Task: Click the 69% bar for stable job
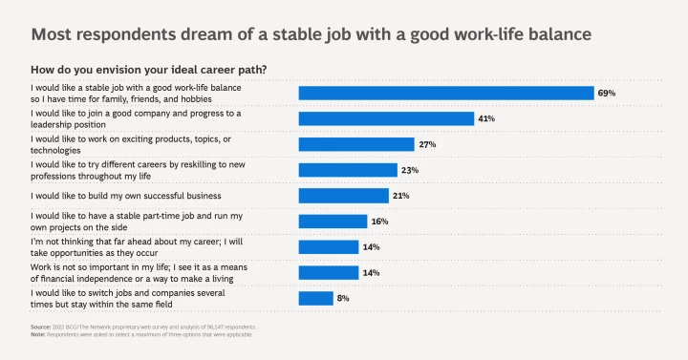(x=446, y=93)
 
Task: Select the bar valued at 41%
(x=386, y=118)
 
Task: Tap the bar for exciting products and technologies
(x=355, y=144)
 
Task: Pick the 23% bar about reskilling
(x=348, y=170)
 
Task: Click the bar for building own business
(x=343, y=196)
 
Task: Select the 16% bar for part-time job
(x=333, y=222)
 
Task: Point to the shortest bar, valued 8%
(x=315, y=298)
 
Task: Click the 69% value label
(x=607, y=93)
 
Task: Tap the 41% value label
(x=486, y=118)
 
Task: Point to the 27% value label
(x=425, y=144)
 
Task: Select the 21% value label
(x=400, y=196)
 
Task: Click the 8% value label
(x=342, y=298)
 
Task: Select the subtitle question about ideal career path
(x=148, y=70)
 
